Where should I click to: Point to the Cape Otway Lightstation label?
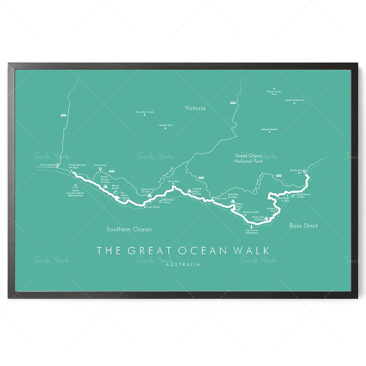(x=251, y=232)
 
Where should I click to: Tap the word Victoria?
(x=195, y=108)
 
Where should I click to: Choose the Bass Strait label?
(x=303, y=225)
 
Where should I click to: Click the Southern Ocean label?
(x=129, y=229)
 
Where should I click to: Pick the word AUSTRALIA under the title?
(x=183, y=265)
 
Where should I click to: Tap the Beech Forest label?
(x=269, y=129)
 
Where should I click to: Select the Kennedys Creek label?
(x=144, y=111)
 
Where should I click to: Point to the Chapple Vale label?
(x=166, y=125)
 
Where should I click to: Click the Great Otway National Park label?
(x=249, y=158)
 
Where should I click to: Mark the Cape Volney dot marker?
(x=145, y=207)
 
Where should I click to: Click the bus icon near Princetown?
(x=111, y=171)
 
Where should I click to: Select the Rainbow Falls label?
(x=251, y=212)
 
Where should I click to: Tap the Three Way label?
(x=173, y=182)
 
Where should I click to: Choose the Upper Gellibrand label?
(x=294, y=100)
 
